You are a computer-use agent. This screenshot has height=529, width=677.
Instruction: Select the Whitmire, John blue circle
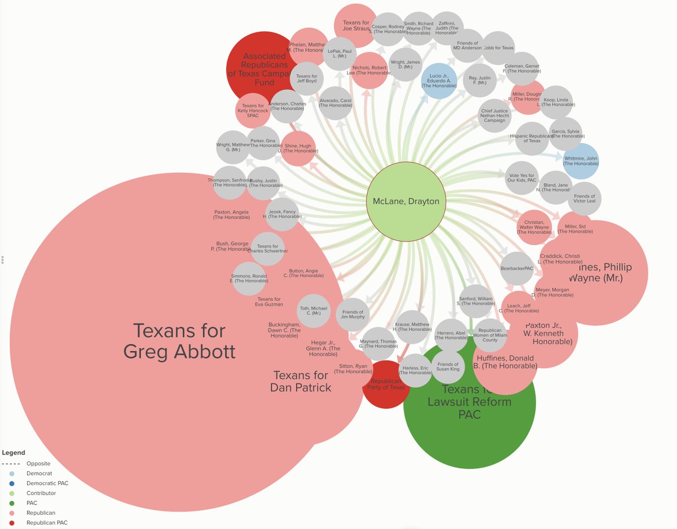coord(581,161)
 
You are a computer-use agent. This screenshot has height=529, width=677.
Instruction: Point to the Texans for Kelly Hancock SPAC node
coord(253,110)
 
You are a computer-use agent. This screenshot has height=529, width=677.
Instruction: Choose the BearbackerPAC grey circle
coord(517,269)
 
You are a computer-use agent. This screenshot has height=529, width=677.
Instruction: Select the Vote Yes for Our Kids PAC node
coord(521,179)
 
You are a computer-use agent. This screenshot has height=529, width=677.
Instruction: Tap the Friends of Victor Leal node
coord(584,199)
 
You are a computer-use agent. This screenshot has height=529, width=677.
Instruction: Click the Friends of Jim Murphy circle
coord(353,315)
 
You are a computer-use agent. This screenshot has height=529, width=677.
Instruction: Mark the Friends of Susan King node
coord(449,368)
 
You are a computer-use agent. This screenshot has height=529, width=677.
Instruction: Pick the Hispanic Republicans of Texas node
coord(532,139)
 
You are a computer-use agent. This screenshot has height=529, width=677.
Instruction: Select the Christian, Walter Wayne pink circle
coord(534,227)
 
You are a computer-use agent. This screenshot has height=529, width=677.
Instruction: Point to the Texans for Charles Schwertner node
coord(268,249)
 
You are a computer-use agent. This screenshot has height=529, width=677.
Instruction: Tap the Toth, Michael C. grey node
coord(314,311)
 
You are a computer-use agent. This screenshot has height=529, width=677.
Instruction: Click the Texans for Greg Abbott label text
coord(179,341)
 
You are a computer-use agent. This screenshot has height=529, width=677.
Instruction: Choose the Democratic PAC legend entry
coord(47,483)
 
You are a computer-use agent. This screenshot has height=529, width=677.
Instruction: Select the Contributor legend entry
coord(41,493)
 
